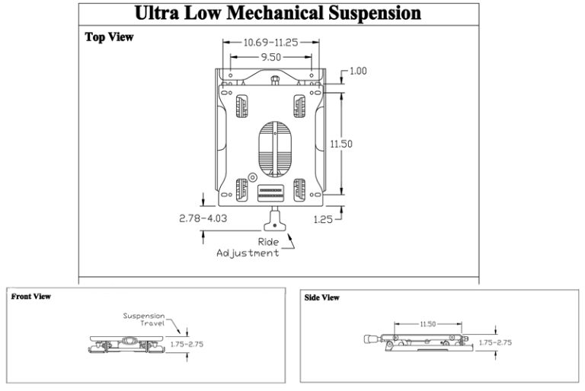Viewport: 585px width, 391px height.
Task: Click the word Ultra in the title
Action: coord(161,14)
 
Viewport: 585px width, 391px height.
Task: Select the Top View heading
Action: coord(109,37)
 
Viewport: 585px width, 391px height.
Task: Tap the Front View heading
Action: coord(31,297)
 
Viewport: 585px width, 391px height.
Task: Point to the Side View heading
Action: coord(322,297)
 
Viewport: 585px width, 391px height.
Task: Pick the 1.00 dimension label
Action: coord(358,71)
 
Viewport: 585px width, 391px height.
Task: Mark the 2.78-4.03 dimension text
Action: coord(203,218)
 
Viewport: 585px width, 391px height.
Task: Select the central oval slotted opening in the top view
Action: coord(273,146)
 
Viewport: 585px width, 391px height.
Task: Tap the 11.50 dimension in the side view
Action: coord(427,324)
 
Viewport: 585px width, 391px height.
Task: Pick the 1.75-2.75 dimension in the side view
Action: coord(495,342)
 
